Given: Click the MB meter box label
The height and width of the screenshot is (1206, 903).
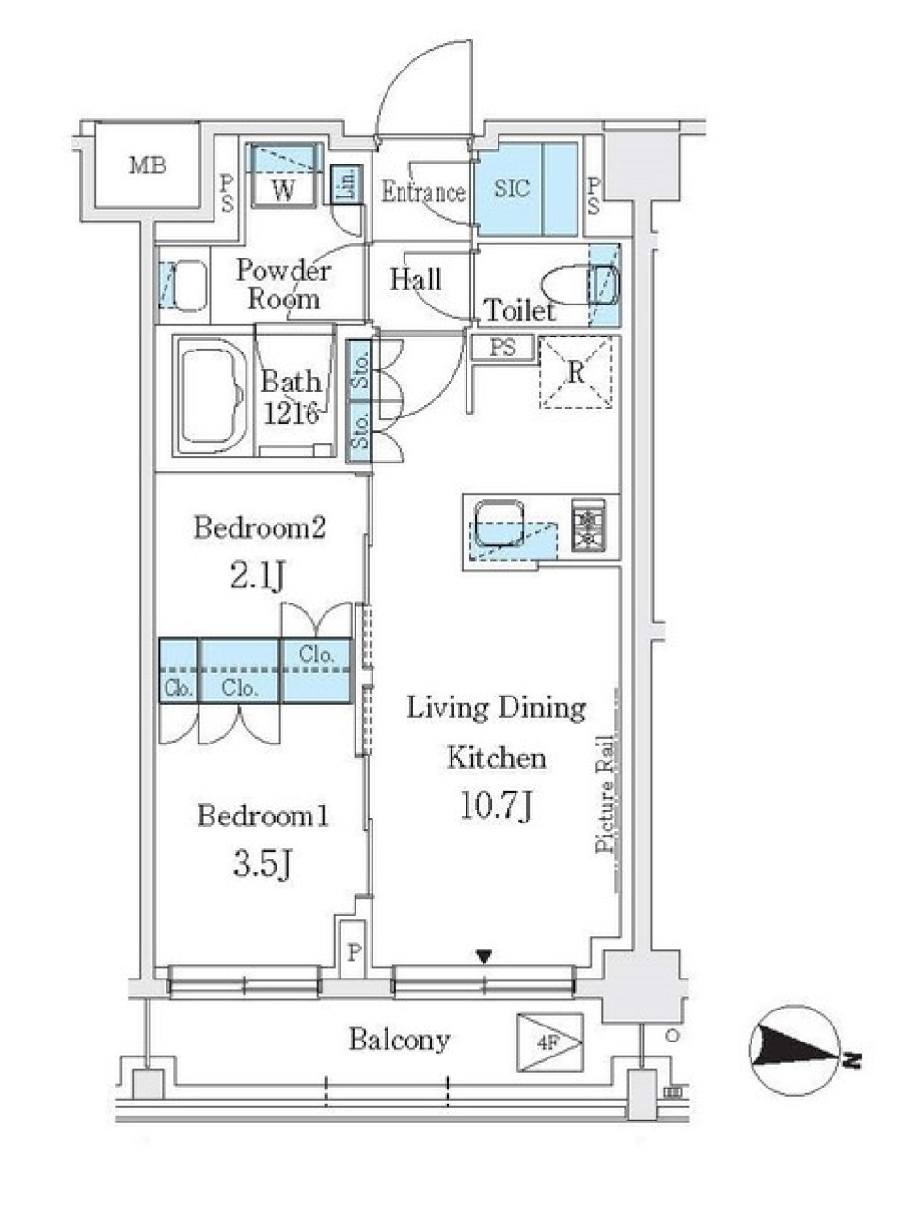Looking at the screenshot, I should click(148, 166).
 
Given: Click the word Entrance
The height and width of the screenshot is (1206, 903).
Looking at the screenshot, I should click(423, 192).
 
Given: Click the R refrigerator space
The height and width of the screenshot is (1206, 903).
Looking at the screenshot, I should click(576, 371).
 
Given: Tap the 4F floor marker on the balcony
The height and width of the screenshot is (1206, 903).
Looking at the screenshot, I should click(549, 1041).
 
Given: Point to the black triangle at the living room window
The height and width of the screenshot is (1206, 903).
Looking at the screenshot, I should click(484, 958).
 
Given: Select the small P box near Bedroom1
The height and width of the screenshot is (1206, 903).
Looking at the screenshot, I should click(354, 952).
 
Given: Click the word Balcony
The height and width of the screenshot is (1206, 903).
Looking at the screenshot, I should click(399, 1040).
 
